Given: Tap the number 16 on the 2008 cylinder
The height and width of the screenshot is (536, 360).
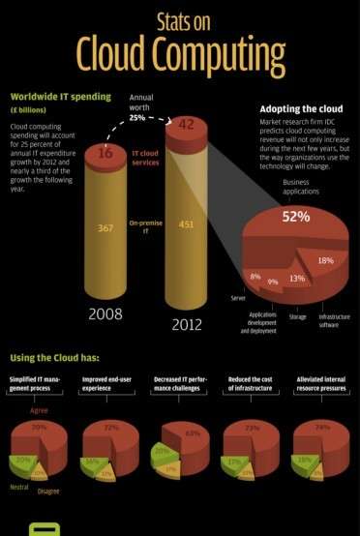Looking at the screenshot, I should click(105, 153).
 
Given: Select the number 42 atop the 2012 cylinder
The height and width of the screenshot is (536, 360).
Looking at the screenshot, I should click(187, 124).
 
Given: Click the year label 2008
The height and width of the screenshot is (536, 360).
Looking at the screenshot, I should click(105, 313).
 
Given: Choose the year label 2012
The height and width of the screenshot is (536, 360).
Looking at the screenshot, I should click(187, 324).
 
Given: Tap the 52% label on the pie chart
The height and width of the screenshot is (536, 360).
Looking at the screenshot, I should click(295, 217).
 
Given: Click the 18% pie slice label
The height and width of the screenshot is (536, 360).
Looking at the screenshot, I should click(326, 260).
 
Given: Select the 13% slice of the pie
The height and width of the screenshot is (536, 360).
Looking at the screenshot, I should click(296, 279).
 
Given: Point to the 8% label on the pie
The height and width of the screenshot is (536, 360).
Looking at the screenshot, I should click(255, 277).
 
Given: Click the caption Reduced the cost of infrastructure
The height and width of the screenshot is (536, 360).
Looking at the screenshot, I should click(250, 383).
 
